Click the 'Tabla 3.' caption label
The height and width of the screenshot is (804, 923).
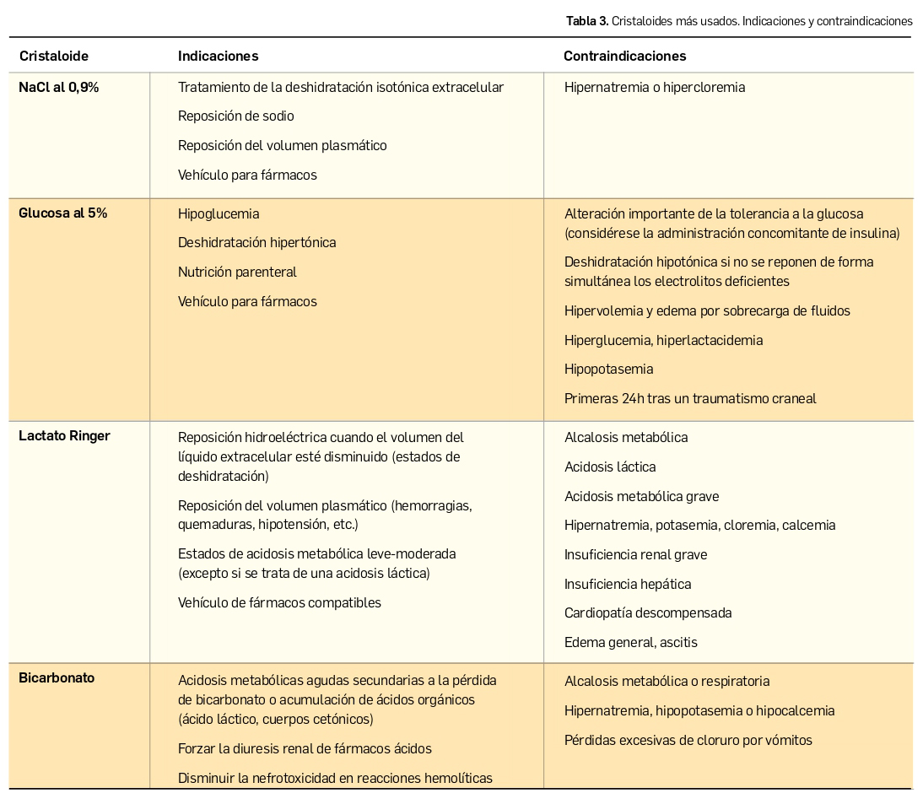click(x=587, y=21)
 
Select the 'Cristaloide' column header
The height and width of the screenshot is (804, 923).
click(x=53, y=57)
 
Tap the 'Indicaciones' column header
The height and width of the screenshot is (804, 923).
click(x=218, y=57)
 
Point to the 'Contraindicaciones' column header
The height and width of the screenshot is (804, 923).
click(x=624, y=57)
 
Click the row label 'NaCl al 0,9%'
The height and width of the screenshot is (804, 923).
click(x=58, y=87)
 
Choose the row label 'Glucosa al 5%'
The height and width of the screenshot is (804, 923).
click(x=62, y=213)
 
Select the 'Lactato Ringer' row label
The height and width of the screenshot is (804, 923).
click(x=64, y=436)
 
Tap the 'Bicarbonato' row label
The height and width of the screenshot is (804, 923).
click(x=57, y=678)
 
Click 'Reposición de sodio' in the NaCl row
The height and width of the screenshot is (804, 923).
click(x=235, y=116)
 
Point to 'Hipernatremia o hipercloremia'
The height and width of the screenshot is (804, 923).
click(x=654, y=87)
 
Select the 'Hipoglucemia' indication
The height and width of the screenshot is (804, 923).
click(x=218, y=213)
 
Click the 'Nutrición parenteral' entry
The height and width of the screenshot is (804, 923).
click(x=237, y=272)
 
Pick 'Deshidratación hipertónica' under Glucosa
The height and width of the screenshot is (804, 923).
click(x=256, y=243)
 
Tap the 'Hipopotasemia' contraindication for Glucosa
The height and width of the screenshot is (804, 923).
click(x=608, y=370)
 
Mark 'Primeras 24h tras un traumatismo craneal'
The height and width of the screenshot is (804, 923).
click(x=689, y=399)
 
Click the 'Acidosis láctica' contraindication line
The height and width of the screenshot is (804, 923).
click(x=609, y=467)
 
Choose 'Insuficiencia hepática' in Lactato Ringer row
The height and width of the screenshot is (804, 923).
click(x=627, y=584)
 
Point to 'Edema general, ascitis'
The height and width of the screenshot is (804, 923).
click(x=630, y=643)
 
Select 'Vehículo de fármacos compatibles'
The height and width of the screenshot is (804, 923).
click(x=279, y=603)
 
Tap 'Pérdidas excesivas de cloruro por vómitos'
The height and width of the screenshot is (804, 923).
click(x=688, y=741)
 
